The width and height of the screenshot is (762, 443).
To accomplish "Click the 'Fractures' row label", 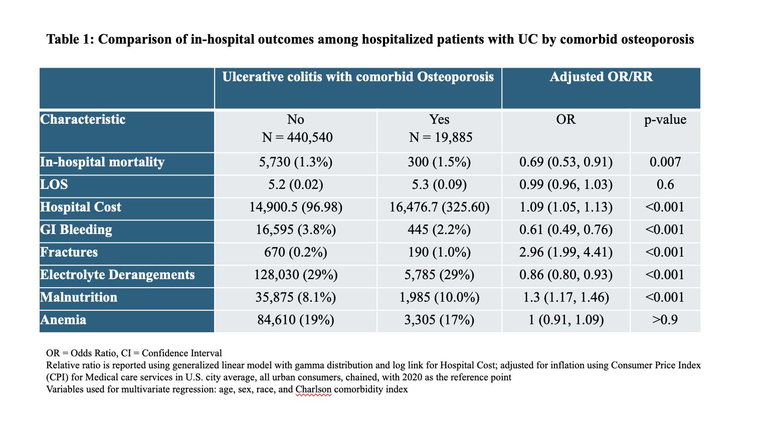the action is [x=69, y=252].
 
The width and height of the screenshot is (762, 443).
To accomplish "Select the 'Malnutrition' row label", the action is [x=79, y=298].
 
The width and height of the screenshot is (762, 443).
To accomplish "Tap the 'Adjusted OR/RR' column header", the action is [x=601, y=77].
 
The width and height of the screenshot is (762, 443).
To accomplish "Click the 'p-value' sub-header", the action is [x=665, y=120].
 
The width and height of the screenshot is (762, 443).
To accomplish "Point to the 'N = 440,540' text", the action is [x=297, y=137].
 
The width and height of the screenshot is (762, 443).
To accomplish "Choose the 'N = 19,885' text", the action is [x=441, y=137].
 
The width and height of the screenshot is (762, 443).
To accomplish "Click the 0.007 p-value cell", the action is [x=665, y=162].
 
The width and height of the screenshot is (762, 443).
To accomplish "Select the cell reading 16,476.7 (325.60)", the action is [x=439, y=207].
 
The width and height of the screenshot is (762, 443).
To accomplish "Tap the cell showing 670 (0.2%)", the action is [x=296, y=252].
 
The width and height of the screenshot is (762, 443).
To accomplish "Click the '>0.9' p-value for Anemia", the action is [x=665, y=320].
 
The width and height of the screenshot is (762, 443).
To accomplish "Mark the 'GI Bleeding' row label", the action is [x=76, y=230].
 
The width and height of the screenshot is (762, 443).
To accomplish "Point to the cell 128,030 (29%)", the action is [x=296, y=275].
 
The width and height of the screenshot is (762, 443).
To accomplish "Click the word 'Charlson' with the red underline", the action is [x=313, y=389].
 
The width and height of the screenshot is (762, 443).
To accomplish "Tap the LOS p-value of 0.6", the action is [x=665, y=184].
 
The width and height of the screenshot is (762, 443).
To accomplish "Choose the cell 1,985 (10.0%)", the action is [x=439, y=298].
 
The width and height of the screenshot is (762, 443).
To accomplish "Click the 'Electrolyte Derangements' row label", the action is [x=117, y=275].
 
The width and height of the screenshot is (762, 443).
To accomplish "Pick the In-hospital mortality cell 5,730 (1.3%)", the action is [x=296, y=162].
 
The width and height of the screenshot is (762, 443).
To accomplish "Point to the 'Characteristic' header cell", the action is [x=83, y=120].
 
